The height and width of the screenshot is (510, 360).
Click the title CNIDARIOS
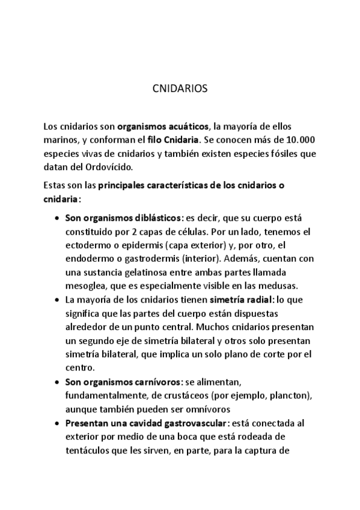[180, 88]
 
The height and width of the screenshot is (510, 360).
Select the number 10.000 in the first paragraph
[299, 140]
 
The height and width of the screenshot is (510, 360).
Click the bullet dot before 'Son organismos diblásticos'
[56, 219]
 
